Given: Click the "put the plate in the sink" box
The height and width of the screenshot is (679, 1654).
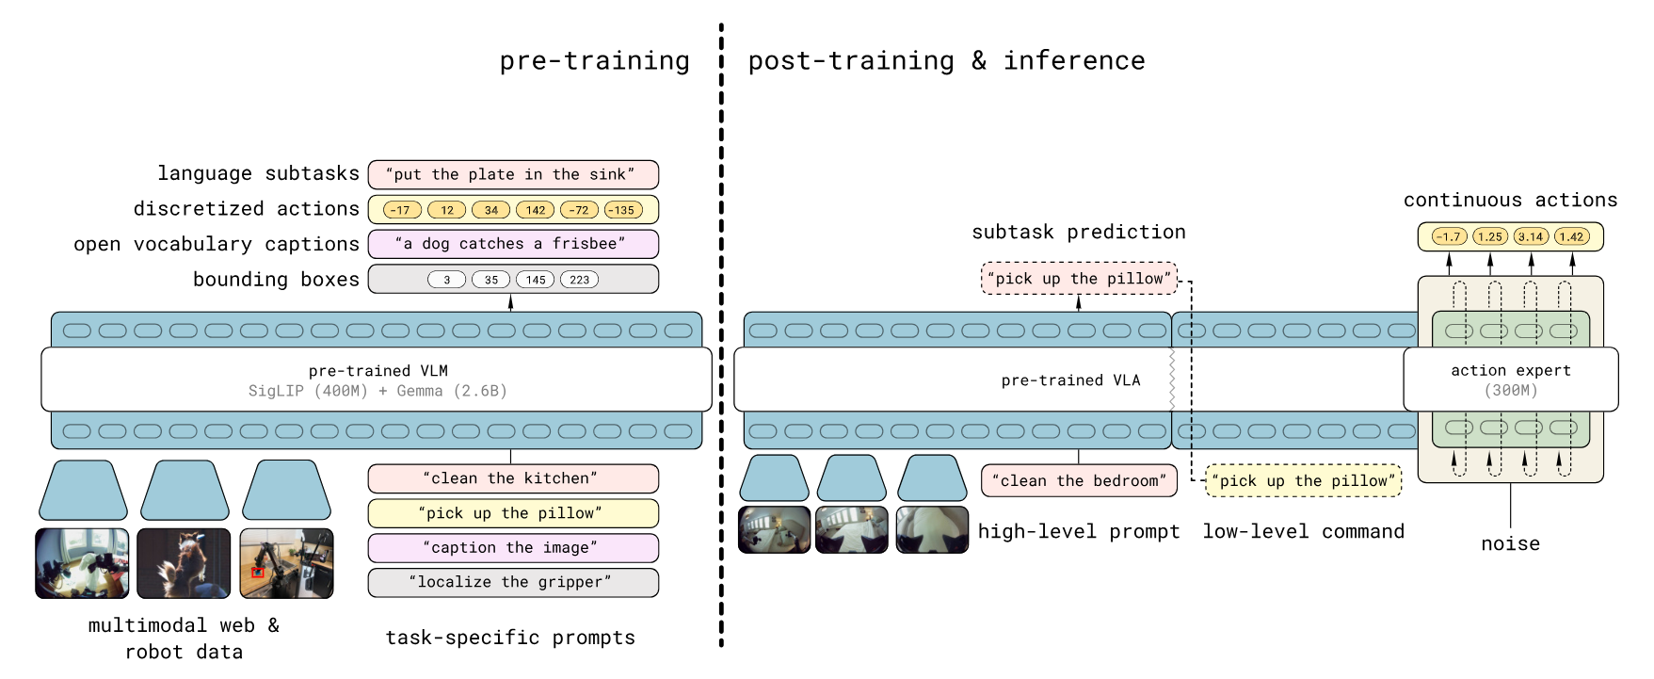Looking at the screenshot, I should pyautogui.click(x=513, y=174).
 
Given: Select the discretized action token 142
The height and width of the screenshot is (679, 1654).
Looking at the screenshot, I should pyautogui.click(x=535, y=210).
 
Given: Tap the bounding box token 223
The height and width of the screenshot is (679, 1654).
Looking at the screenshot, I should pyautogui.click(x=579, y=280).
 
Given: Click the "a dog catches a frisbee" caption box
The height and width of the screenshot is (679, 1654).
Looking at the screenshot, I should pyautogui.click(x=513, y=244).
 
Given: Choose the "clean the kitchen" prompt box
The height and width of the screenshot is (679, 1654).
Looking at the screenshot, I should pyautogui.click(x=513, y=478).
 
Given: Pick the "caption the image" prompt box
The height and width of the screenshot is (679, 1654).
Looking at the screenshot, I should pyautogui.click(x=513, y=548).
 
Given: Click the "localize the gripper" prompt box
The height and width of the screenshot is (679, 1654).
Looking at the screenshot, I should pyautogui.click(x=513, y=582).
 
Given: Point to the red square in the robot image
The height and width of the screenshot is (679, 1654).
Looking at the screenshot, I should pyautogui.click(x=257, y=572).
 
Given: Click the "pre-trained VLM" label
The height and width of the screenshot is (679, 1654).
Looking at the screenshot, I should pyautogui.click(x=377, y=371).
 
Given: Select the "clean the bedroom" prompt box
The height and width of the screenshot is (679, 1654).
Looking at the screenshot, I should pyautogui.click(x=1079, y=480).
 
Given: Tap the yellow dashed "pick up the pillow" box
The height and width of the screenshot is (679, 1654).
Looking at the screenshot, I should pyautogui.click(x=1303, y=480).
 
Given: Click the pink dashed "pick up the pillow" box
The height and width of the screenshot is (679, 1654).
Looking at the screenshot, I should pyautogui.click(x=1079, y=279).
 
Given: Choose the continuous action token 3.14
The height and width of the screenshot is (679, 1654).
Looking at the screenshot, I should pyautogui.click(x=1531, y=237).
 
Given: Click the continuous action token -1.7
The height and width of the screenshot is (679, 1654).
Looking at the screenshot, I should pyautogui.click(x=1448, y=237).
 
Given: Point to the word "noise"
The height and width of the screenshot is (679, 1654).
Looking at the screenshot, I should pyautogui.click(x=1510, y=543).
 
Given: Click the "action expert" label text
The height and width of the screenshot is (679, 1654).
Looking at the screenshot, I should pyautogui.click(x=1510, y=371).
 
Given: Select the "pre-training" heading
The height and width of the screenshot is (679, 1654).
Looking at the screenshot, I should pyautogui.click(x=594, y=61).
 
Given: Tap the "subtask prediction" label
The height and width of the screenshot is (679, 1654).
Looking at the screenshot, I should pyautogui.click(x=1078, y=232).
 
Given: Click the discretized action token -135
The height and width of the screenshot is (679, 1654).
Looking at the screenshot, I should pyautogui.click(x=623, y=210).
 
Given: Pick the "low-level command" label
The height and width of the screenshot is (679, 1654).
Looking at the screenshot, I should pyautogui.click(x=1303, y=531).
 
